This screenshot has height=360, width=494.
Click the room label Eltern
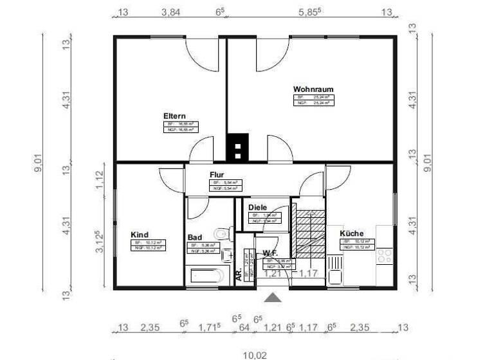pos(174,116)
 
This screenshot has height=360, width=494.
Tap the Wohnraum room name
pos(313,89)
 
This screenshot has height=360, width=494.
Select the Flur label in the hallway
pos(216,175)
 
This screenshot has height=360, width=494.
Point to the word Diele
pos(257,208)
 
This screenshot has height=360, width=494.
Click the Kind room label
pos(140,235)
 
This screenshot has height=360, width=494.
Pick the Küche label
pos(352,233)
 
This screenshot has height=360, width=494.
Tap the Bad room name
pos(194,237)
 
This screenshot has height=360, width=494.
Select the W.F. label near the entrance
pos(270,253)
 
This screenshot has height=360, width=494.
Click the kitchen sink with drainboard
pos(334,269)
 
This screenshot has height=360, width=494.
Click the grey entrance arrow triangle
pos(273,297)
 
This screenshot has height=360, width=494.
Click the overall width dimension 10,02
pos(255,354)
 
